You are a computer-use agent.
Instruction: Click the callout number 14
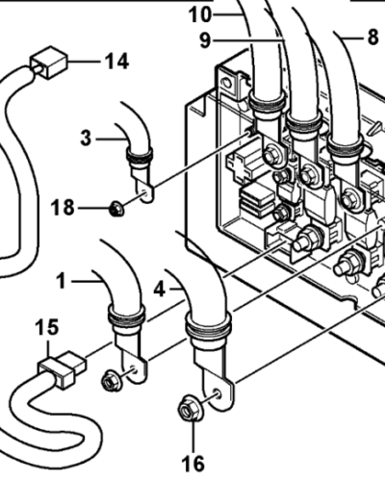(x=117, y=62)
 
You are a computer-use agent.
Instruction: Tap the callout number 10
(x=200, y=14)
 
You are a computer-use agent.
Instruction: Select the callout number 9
(x=205, y=40)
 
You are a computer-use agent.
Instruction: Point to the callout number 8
(x=372, y=38)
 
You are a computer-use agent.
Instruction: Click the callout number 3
(x=86, y=139)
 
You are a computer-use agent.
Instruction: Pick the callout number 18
(x=63, y=208)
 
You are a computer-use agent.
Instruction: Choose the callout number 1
(x=61, y=281)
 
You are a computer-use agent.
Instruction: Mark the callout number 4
(x=160, y=290)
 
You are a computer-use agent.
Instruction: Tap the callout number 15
(x=47, y=327)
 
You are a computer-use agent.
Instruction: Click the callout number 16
(x=193, y=464)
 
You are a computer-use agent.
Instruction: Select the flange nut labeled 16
(x=191, y=409)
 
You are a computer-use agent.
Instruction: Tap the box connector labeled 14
(x=49, y=63)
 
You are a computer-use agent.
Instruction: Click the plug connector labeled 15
(x=62, y=368)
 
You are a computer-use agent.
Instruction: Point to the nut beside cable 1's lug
(x=112, y=380)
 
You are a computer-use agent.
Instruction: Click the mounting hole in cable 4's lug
(x=218, y=393)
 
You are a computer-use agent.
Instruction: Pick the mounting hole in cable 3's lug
(x=145, y=193)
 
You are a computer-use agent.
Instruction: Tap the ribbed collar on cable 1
(x=127, y=316)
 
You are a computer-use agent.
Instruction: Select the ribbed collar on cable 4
(x=209, y=324)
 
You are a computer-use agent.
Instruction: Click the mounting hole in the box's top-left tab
(x=227, y=83)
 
